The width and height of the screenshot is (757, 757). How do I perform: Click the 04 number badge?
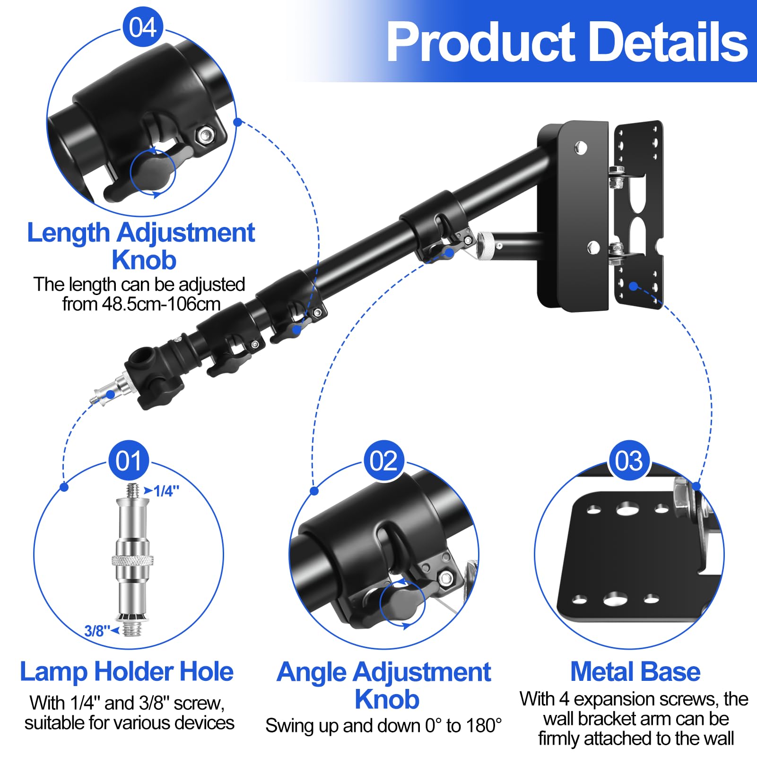coord(143,27)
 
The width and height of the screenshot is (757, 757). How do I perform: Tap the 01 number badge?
coord(129,461)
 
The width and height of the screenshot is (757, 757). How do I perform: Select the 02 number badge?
coord(383,461)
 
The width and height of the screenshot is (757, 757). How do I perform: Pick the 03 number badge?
coord(628,461)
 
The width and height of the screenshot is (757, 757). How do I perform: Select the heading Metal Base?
coord(635,672)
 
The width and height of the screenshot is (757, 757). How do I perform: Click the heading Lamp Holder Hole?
coord(127,672)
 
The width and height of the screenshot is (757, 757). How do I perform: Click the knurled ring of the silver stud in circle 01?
coord(133,560)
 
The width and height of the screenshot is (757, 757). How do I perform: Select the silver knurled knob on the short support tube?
coord(486,244)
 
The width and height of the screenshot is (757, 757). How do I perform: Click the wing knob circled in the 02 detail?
coord(401,603)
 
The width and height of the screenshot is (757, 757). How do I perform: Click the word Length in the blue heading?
coord(68,233)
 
